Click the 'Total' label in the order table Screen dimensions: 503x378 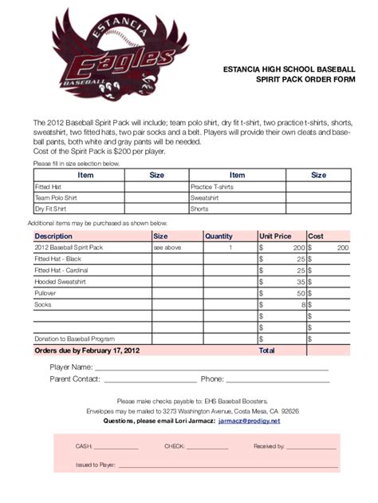point(266,350)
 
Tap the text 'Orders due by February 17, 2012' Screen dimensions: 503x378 point(87,350)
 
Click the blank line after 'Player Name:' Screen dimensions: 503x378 point(211,369)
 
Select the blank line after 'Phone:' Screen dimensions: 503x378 point(278,381)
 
